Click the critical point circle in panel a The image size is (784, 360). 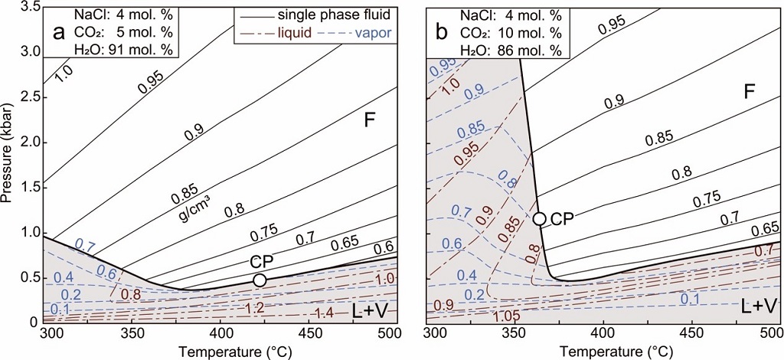point(260,280)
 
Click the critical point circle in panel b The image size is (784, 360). point(540,218)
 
